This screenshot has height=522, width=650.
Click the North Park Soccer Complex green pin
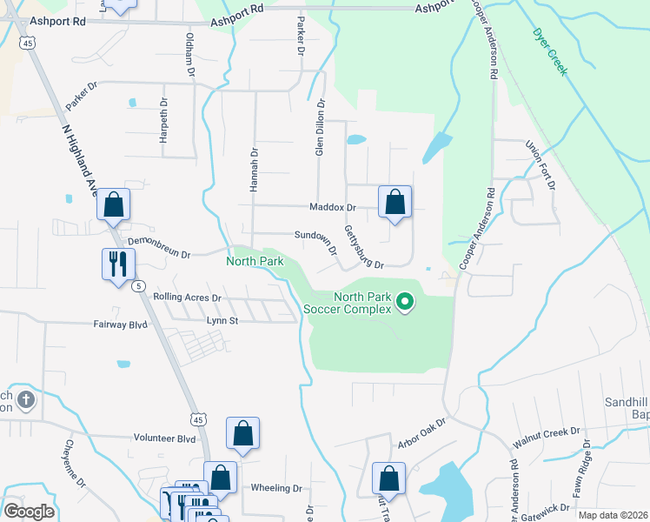[x=404, y=302]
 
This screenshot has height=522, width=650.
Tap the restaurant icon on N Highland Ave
[x=117, y=263]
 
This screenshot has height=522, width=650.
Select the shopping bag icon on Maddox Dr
[x=395, y=202]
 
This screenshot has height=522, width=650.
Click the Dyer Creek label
[x=549, y=51]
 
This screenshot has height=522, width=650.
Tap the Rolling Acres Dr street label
[x=188, y=298]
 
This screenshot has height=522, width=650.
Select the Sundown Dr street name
[x=315, y=235]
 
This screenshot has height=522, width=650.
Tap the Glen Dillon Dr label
[x=319, y=127]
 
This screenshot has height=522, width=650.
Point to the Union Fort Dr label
[x=540, y=164]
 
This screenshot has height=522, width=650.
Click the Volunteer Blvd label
[x=164, y=439]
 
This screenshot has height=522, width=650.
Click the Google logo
[x=29, y=512]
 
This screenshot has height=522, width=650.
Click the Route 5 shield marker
[x=138, y=285]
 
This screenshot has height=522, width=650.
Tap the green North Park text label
[x=255, y=261]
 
